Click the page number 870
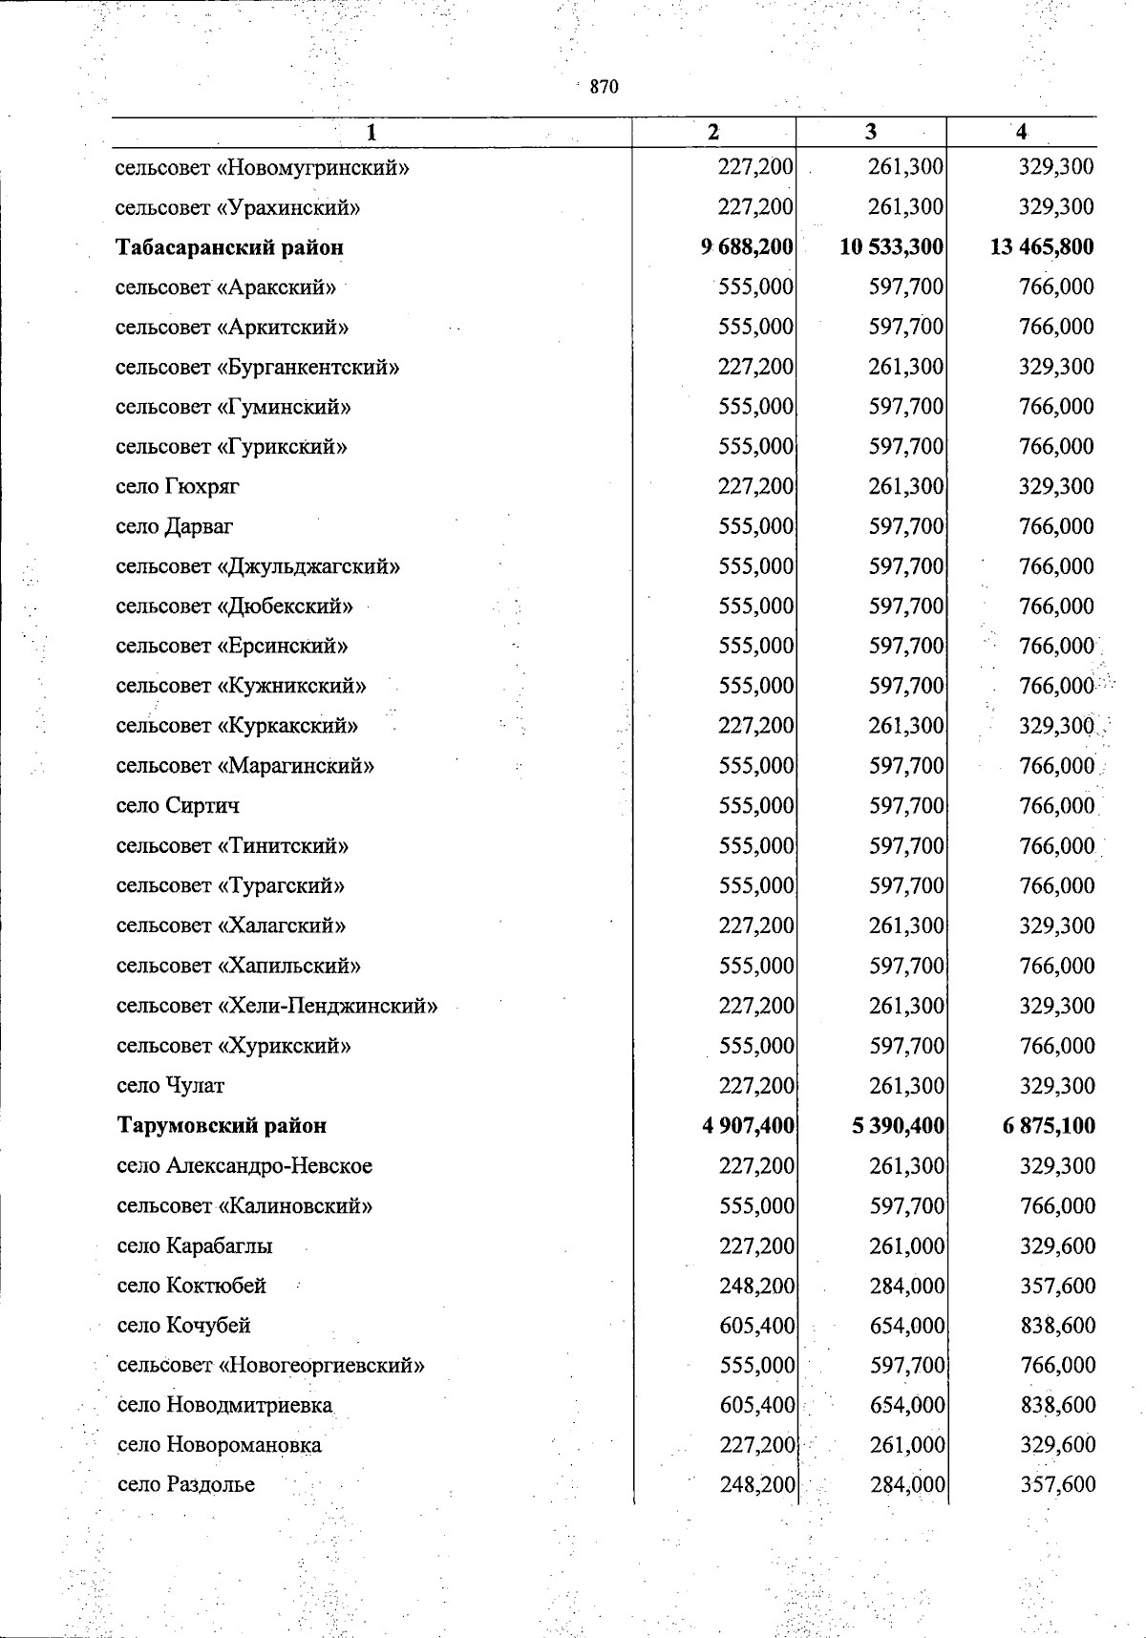[x=605, y=87]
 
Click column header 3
[x=870, y=133]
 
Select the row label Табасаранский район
[x=229, y=247]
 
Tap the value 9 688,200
[x=747, y=247]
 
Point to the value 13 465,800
[x=1042, y=247]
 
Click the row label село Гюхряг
[x=178, y=487]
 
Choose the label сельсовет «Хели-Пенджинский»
[x=277, y=1006]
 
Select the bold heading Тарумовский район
[x=222, y=1126]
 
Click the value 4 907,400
[x=748, y=1126]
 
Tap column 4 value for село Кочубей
[x=1057, y=1326]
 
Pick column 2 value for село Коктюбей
[x=756, y=1286]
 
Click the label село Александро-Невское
[x=244, y=1166]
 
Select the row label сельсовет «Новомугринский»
[x=263, y=168]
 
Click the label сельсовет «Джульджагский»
[x=258, y=567]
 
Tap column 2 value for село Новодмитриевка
[x=756, y=1406]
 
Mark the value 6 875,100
[x=1049, y=1126]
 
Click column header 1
[x=371, y=134]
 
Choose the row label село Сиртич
[x=178, y=806]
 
